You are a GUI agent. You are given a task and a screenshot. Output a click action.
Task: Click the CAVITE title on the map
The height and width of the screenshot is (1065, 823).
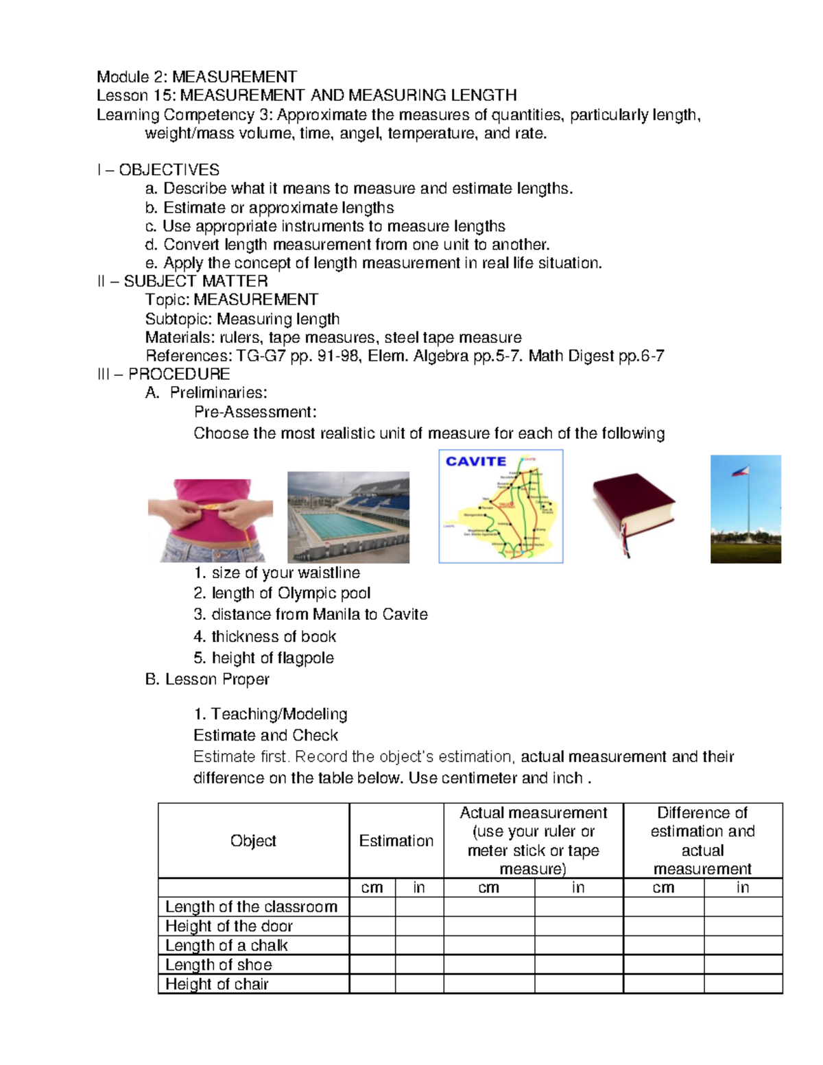tap(475, 462)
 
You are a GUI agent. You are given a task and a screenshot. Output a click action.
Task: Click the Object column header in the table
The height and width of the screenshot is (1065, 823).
tap(253, 841)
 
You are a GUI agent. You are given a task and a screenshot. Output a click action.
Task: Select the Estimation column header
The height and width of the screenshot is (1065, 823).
tap(396, 841)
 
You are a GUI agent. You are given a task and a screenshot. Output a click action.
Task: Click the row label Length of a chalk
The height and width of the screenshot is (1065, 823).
tap(226, 945)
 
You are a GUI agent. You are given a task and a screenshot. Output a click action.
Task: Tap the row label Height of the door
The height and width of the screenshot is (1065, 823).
tap(228, 926)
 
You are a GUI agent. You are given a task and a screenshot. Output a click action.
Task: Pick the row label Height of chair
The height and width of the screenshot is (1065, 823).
tap(217, 984)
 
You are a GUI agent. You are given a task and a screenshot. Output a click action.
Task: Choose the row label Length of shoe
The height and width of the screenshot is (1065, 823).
tap(218, 964)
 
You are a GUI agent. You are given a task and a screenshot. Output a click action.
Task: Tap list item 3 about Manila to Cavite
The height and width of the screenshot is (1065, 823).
tap(311, 614)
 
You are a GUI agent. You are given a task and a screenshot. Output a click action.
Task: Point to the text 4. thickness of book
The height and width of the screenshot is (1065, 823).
tap(265, 636)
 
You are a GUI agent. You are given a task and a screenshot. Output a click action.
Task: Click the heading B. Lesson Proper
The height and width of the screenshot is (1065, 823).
tap(207, 679)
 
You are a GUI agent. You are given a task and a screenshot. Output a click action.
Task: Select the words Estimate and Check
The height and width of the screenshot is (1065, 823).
tap(265, 735)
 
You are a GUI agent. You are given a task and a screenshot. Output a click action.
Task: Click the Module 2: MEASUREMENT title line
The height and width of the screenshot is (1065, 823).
tap(197, 76)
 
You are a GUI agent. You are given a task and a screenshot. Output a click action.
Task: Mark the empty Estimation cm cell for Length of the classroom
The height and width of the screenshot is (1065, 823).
tap(372, 907)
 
